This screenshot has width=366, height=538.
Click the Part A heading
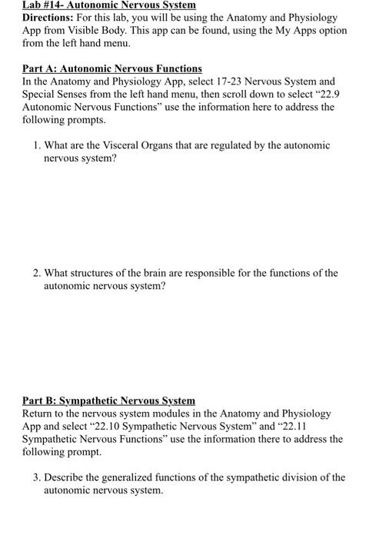(112, 68)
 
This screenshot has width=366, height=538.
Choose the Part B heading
(108, 400)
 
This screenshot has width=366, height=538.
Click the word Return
(39, 413)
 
